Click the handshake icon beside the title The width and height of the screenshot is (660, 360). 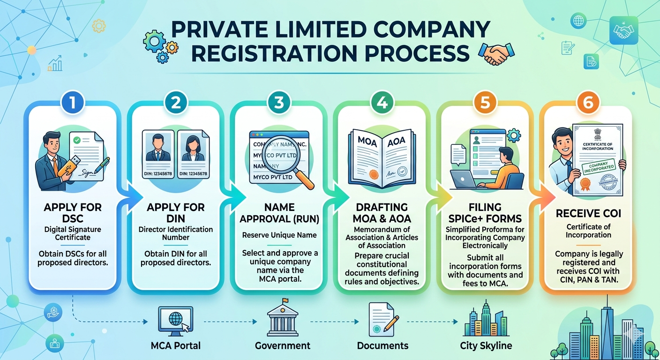(x=495, y=53)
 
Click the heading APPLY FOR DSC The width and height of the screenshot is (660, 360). (x=73, y=212)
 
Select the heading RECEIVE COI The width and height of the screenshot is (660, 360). (x=589, y=214)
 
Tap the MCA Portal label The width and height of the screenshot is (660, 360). (x=176, y=346)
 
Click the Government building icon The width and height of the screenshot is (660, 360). (x=283, y=318)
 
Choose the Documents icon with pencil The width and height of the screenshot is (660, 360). (x=383, y=319)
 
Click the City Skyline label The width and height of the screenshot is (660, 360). (x=486, y=346)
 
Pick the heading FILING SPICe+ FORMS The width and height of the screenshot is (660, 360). (x=485, y=212)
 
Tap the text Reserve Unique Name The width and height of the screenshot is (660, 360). (x=279, y=235)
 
